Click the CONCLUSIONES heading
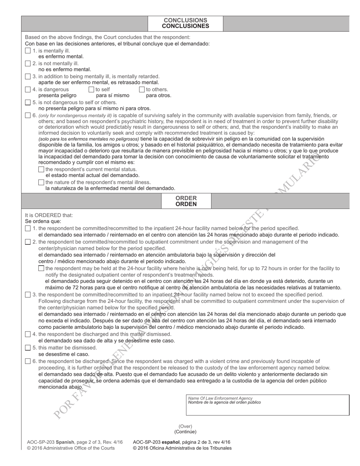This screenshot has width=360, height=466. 185,26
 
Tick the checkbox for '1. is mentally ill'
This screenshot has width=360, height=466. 28,51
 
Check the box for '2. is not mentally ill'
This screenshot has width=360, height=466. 28,64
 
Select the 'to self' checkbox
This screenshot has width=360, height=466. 91,89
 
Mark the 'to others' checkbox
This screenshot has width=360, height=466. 142,89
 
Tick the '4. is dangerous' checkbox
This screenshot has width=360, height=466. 28,89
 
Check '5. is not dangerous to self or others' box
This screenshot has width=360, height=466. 28,102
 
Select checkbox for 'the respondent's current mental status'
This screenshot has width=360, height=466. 41,169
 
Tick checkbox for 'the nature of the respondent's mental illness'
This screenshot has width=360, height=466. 41,182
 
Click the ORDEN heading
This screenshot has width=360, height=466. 186,204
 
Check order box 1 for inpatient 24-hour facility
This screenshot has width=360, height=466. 28,228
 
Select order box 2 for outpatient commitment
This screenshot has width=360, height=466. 28,242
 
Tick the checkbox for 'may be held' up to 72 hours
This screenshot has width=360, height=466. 41,268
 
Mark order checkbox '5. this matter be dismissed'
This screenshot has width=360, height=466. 28,347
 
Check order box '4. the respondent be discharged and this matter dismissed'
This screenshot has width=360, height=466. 28,334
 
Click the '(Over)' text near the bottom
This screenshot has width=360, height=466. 185,426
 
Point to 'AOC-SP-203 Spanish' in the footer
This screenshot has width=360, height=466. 50,442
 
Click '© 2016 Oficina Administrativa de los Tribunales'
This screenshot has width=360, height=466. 182,448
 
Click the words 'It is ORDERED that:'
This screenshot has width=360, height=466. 49,215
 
